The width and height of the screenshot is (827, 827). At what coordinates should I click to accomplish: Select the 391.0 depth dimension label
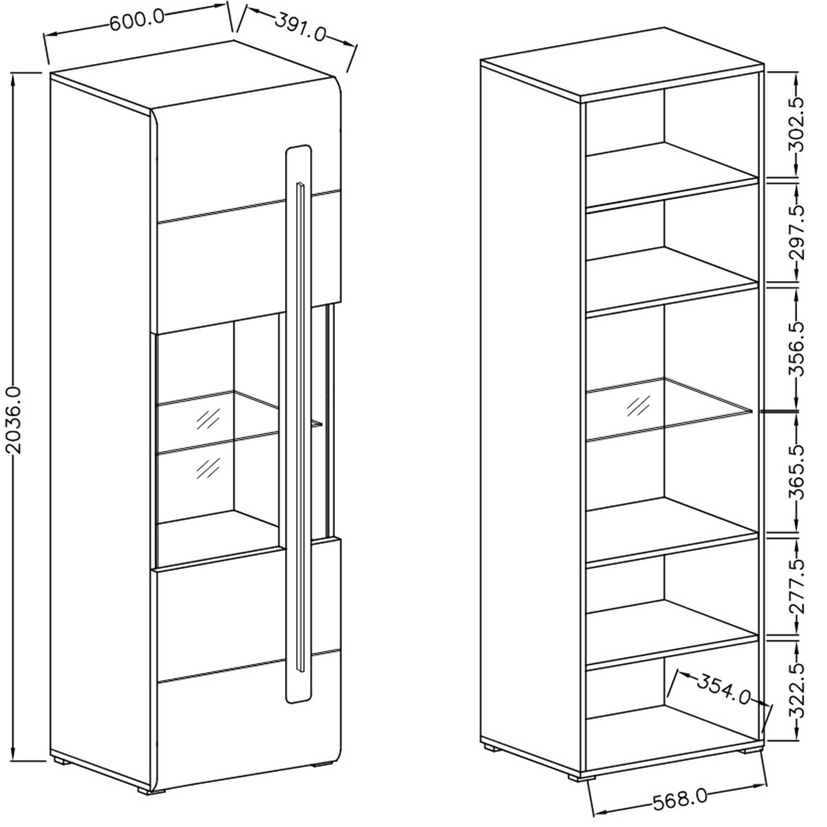pyautogui.click(x=300, y=28)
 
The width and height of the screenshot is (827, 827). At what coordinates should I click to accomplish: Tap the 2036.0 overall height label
pyautogui.click(x=14, y=420)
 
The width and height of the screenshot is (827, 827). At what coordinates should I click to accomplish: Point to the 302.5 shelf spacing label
pyautogui.click(x=797, y=124)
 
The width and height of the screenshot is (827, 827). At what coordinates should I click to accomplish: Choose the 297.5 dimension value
pyautogui.click(x=797, y=232)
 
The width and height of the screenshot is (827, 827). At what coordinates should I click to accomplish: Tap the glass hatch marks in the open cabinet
pyautogui.click(x=638, y=406)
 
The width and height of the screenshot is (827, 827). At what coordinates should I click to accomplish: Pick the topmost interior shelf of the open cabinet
pyautogui.click(x=672, y=176)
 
